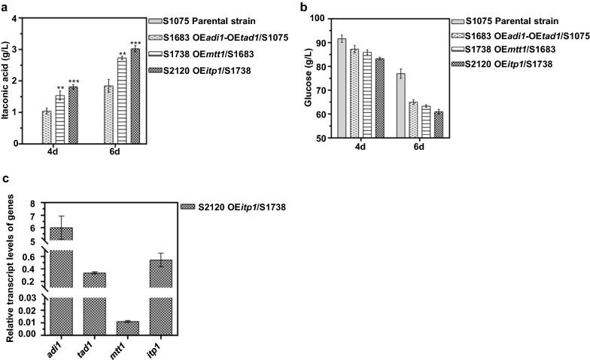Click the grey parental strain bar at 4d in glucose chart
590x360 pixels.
coord(342,88)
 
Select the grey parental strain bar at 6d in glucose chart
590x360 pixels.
coord(401,106)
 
